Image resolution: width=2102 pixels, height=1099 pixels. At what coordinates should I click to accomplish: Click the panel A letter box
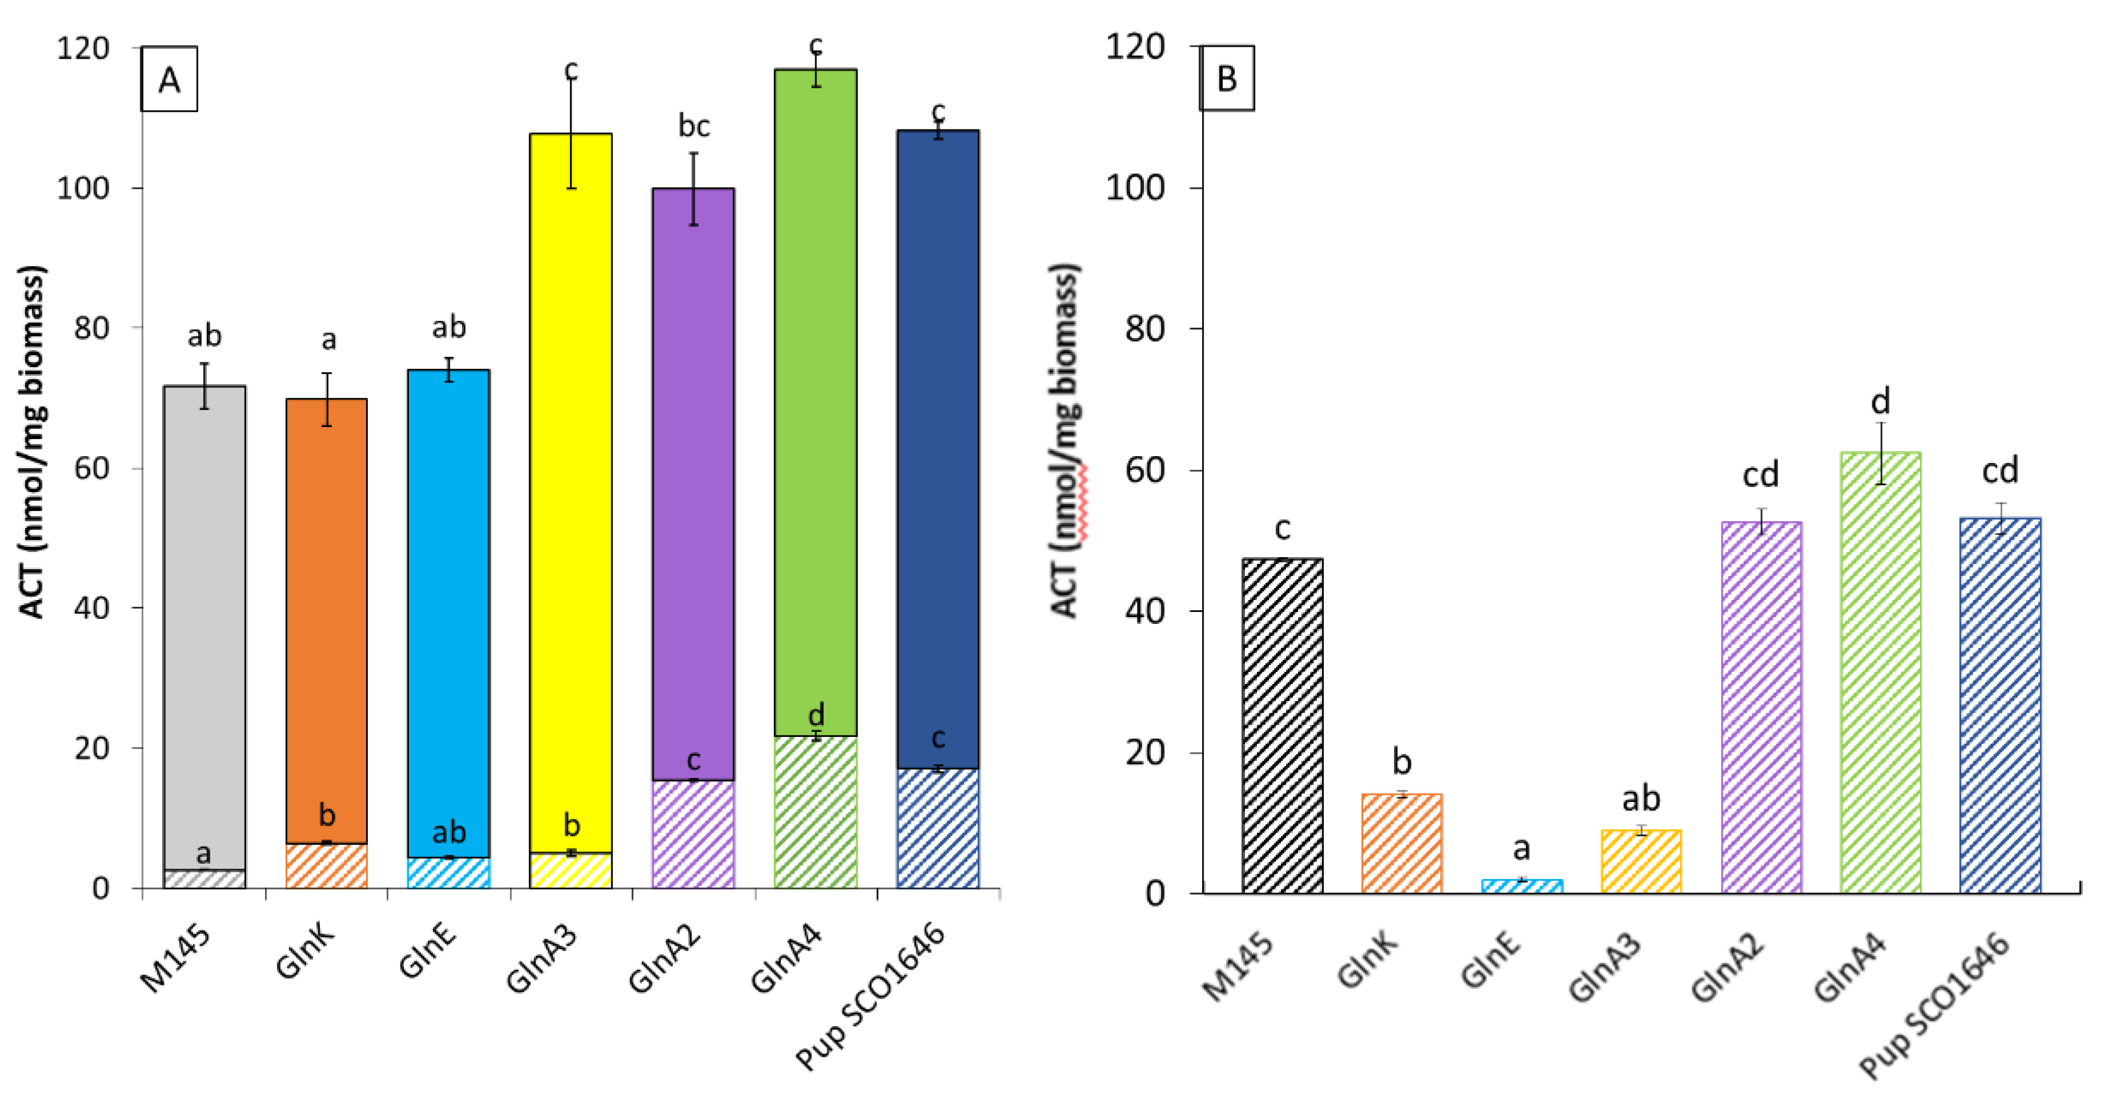(169, 79)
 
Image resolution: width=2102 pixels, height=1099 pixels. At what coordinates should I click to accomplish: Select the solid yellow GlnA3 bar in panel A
(570, 490)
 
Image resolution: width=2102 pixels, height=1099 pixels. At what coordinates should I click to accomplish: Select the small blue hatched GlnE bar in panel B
(1521, 885)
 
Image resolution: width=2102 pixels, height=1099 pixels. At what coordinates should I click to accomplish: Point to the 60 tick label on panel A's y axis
(91, 467)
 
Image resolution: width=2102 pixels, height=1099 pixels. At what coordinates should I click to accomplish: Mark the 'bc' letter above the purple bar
(694, 126)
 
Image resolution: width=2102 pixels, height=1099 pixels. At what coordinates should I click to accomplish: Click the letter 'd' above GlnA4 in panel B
(1880, 401)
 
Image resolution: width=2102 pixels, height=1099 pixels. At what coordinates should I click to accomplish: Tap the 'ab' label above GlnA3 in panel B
(1640, 798)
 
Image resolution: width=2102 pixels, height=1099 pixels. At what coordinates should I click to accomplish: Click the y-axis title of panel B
(1066, 440)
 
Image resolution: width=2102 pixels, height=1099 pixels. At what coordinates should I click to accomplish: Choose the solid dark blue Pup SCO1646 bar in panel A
(938, 449)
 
